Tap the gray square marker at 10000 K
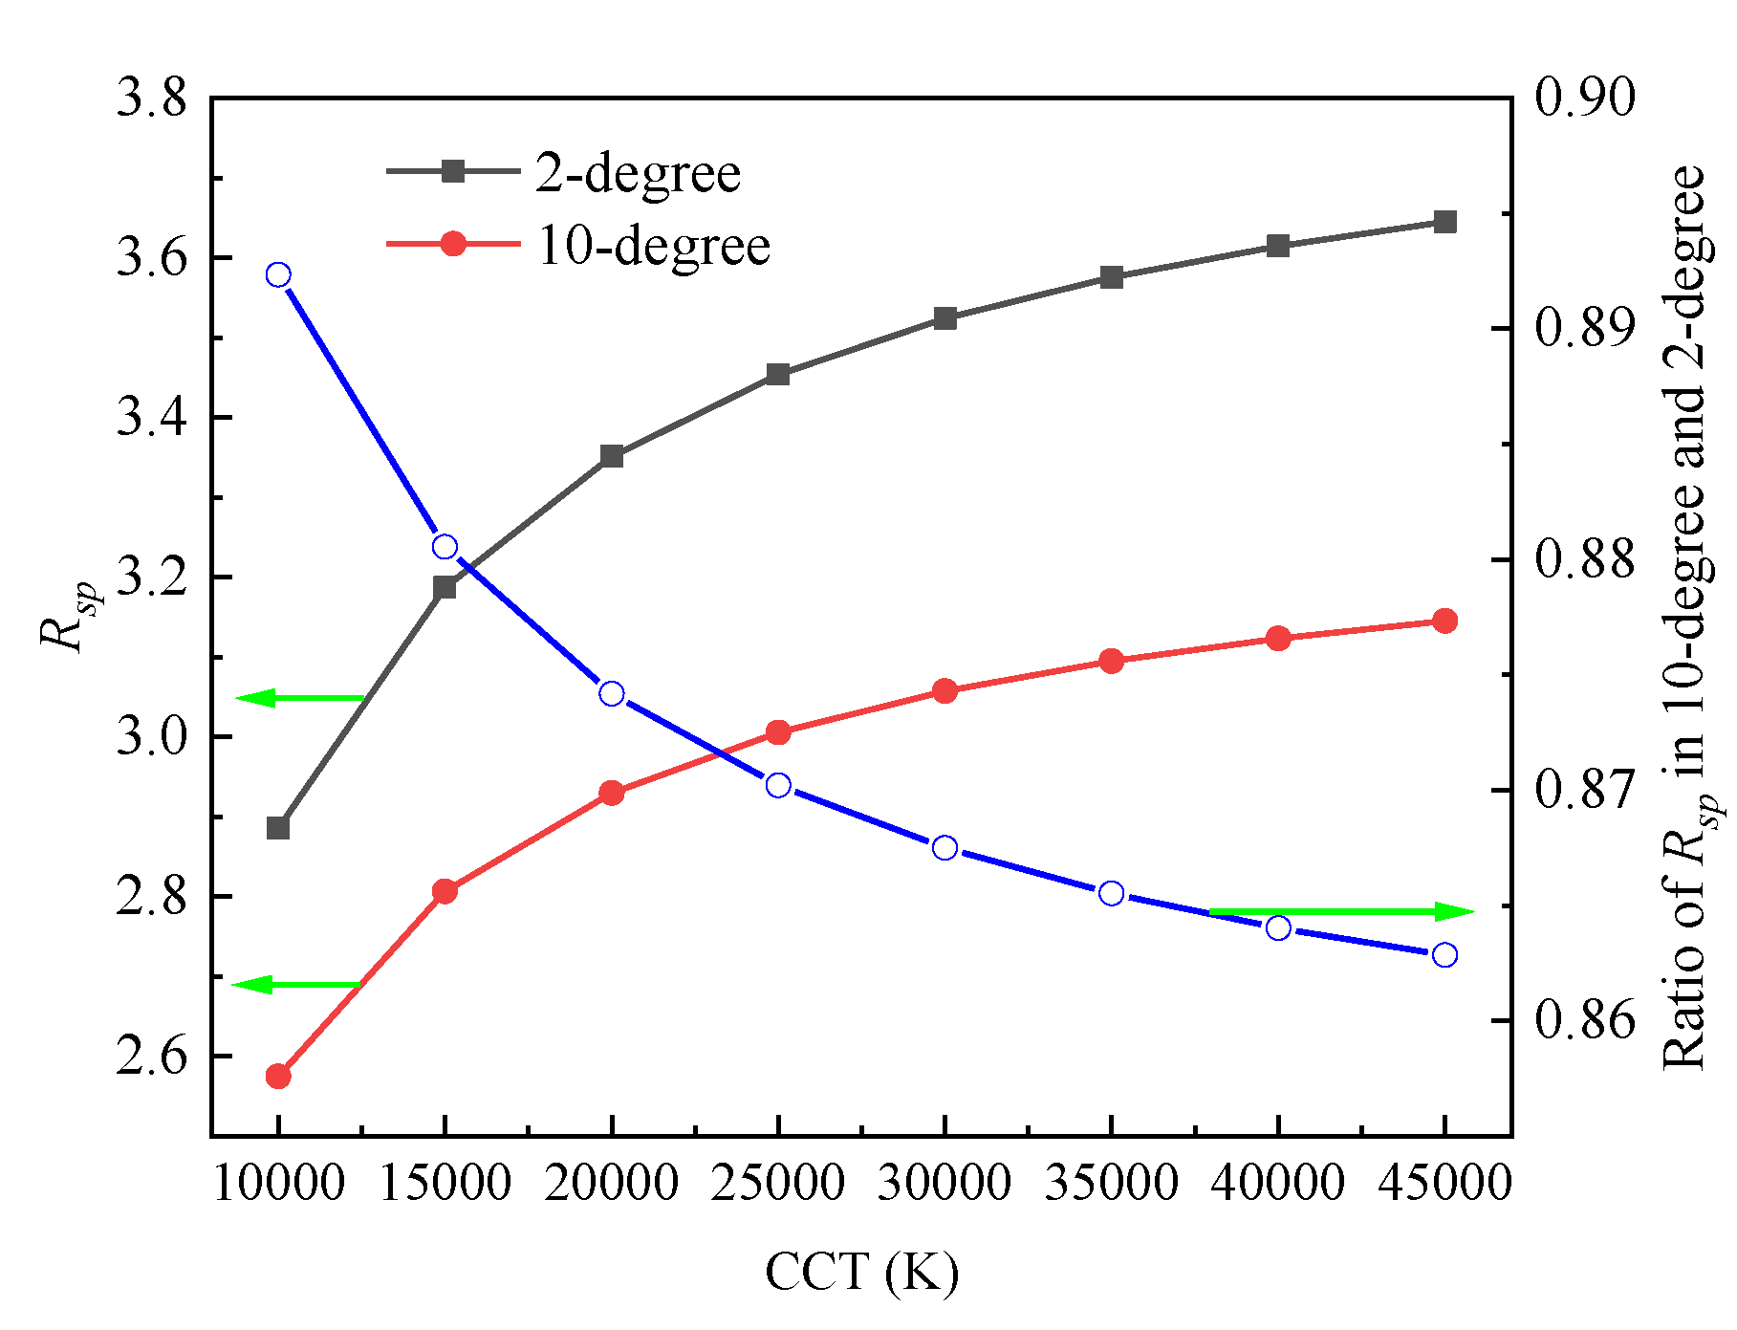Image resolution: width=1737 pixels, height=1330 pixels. coord(278,828)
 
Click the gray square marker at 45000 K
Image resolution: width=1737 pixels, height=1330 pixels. coord(1444,223)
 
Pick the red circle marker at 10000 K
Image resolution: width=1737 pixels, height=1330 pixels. coord(278,1077)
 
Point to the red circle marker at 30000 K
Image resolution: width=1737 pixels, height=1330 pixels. coord(944,691)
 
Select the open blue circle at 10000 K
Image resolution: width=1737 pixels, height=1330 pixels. coord(278,275)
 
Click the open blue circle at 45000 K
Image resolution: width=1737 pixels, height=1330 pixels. coord(1444,955)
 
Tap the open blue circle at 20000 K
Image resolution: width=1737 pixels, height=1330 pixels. coord(612,694)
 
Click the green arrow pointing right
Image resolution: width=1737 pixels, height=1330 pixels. coord(1341,912)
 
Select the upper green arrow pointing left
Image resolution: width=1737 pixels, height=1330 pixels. coord(300,699)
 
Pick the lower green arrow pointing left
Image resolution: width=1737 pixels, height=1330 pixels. coord(297,985)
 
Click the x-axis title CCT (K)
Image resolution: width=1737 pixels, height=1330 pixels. coord(861,1273)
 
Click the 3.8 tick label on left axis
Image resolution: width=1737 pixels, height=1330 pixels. coord(151,99)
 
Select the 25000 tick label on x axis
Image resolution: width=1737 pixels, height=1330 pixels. coord(778,1185)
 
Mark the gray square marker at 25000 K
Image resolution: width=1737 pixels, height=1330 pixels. coord(778,375)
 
